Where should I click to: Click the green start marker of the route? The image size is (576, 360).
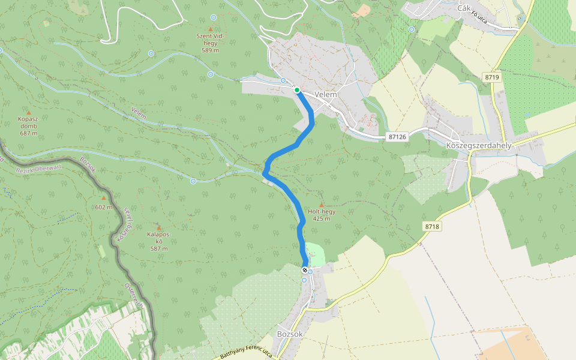297,90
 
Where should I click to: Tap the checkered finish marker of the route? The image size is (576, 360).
304,271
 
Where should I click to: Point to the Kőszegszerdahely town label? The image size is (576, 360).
479,146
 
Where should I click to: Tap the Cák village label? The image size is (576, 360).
463,8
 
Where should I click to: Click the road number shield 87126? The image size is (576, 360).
397,137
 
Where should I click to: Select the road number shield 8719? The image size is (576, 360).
493,77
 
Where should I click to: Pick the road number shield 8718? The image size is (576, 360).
431,226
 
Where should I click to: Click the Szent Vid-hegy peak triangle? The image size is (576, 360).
210,28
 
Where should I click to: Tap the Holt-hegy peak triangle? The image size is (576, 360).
321,205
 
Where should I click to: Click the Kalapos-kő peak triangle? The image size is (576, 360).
159,227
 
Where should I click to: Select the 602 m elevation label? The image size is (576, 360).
104,207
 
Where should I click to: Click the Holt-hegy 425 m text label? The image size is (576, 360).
321,215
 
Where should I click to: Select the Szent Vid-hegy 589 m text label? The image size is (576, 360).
210,43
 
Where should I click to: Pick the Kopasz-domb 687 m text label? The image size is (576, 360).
28,125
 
